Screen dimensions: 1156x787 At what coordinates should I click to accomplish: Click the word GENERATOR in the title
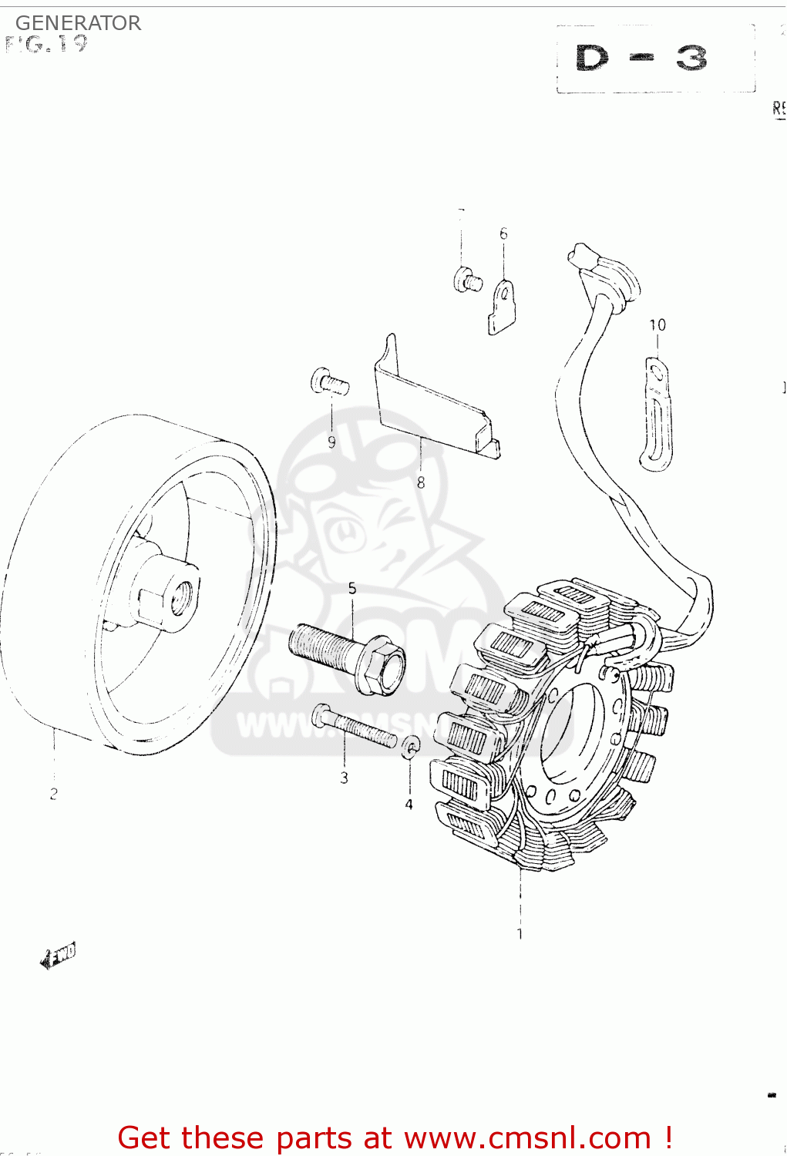coord(78,23)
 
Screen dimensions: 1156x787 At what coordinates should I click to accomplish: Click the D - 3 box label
coord(641,59)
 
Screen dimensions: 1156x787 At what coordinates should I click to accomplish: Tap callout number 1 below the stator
coord(520,934)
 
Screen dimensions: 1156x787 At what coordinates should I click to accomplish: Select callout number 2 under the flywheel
coord(53,793)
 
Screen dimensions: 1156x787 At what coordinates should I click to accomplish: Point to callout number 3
coord(344,778)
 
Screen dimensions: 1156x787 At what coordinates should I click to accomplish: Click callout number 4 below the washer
coord(409,804)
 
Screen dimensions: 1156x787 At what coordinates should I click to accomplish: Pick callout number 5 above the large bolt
coord(352,589)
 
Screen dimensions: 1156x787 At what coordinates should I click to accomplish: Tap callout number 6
coord(503,234)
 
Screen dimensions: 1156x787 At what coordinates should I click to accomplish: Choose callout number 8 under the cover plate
coord(421,482)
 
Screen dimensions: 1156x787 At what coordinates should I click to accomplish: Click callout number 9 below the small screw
coord(331,442)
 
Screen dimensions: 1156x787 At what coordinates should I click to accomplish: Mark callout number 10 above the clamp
coord(657,324)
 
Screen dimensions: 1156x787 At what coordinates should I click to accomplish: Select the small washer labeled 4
coord(412,745)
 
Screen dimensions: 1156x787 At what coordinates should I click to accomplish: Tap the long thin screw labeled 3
coord(355,726)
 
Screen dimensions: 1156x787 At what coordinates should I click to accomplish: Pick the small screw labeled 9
coord(329,381)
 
